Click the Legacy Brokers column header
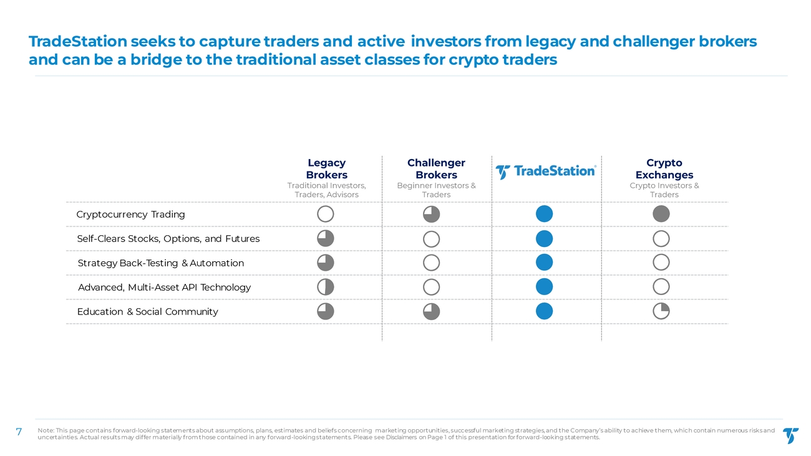coord(326,169)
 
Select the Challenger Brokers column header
coord(436,169)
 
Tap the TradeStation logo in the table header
coord(546,171)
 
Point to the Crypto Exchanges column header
coord(664,169)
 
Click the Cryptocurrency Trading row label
coord(130,215)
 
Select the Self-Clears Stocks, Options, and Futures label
coord(168,239)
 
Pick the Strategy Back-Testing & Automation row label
coord(161,263)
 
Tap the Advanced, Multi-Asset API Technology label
coord(164,288)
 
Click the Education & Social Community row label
coord(148,312)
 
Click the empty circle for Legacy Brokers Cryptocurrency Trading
coord(326,214)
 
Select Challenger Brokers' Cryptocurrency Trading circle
coord(431,214)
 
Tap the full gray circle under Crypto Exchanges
coord(661,214)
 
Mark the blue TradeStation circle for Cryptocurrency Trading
coord(544,214)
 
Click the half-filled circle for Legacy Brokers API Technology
coord(326,287)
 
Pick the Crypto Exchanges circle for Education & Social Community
coord(661,311)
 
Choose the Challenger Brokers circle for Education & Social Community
coord(431,311)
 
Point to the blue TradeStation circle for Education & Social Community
coord(544,311)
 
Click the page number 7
coord(19,432)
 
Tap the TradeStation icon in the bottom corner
coord(790,435)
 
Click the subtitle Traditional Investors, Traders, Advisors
coord(326,190)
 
